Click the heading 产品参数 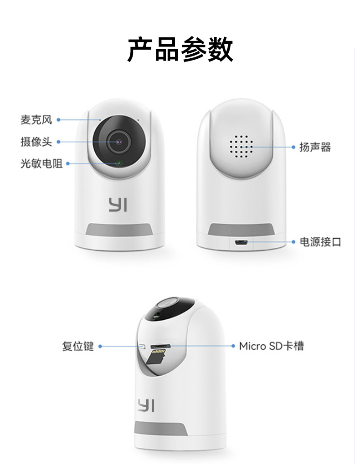click(180, 50)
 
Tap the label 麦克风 click(36, 120)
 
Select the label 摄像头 click(36, 142)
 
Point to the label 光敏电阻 click(41, 164)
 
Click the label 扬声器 click(315, 147)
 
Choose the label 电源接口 click(320, 242)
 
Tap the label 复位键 click(78, 346)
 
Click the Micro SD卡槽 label click(271, 346)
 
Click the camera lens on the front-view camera click(119, 142)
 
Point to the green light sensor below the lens click(119, 163)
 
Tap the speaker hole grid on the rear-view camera click(241, 147)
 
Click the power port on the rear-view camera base click(241, 243)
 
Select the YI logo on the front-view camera click(118, 205)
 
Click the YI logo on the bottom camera click(146, 405)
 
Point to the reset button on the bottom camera click(142, 346)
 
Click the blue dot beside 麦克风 click(58, 120)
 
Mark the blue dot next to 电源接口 click(293, 242)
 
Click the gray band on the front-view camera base click(119, 230)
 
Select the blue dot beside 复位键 click(100, 346)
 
